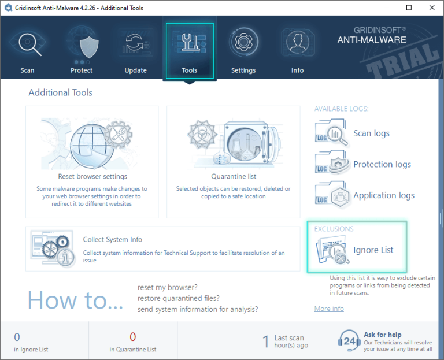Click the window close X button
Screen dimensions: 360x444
(x=431, y=8)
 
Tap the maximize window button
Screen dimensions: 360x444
(x=409, y=8)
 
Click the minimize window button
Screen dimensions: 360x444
(x=387, y=8)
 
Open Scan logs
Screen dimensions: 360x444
(x=371, y=133)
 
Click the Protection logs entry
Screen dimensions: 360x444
(x=382, y=165)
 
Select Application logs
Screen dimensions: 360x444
(x=384, y=195)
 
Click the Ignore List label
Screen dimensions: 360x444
(x=373, y=250)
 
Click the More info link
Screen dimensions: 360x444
(x=329, y=309)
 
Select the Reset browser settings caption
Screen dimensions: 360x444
(x=92, y=176)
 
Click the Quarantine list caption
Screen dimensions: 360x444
(x=234, y=176)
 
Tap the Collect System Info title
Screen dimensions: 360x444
(x=113, y=239)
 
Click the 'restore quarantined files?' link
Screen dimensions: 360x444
(x=179, y=298)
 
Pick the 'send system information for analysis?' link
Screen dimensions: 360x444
(x=198, y=309)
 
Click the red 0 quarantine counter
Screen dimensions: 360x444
(x=133, y=337)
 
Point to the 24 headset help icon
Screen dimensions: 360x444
(x=349, y=341)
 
